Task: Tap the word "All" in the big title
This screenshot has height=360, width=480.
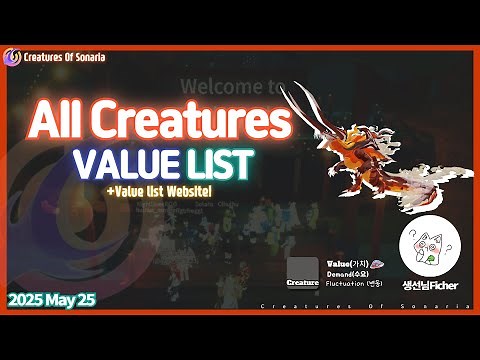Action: tap(61, 122)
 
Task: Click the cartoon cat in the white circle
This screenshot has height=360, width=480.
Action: tap(429, 246)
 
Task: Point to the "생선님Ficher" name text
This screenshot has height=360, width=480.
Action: tap(429, 284)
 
